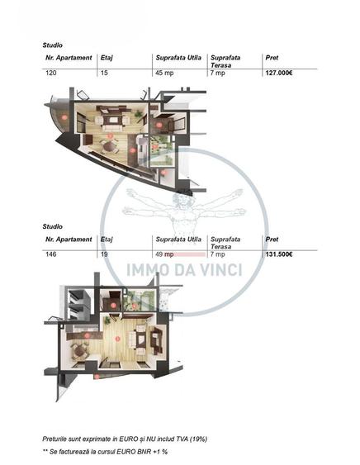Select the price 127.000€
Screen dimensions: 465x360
coord(279,73)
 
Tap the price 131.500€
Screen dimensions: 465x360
coord(279,254)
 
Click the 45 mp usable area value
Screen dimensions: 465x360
coord(163,73)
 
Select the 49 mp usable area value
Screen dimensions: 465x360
coord(163,254)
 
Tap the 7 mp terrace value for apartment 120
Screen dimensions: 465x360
coord(217,73)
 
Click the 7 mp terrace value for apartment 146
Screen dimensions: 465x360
coord(217,254)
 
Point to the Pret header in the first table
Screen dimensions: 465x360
coord(271,58)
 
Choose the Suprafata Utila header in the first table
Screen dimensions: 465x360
coord(178,58)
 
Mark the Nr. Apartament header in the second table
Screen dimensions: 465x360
coord(68,240)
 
